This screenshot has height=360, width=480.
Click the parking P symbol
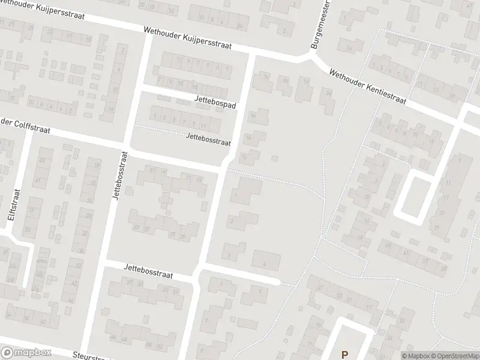pyautogui.click(x=345, y=354)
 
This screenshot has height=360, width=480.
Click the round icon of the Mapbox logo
pyautogui.click(x=7, y=352)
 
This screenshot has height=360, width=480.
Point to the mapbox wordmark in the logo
pyautogui.click(x=33, y=352)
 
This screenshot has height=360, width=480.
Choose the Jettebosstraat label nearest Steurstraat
pyautogui.click(x=149, y=273)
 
